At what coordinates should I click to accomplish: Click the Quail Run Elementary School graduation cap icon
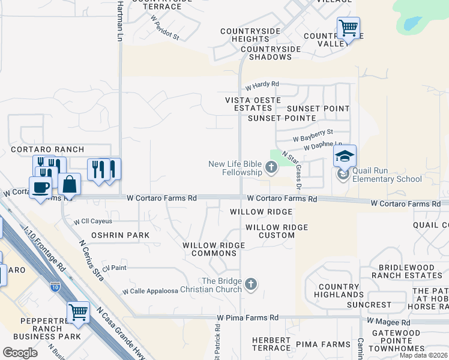coord(345,157)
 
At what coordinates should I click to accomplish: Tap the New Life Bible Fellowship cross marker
coord(271,167)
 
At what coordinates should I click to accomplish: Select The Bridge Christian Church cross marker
coord(252,283)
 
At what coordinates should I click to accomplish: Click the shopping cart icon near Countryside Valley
coord(348,28)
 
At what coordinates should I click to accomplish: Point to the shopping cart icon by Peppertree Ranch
coord(78,312)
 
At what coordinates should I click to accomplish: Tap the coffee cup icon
coord(41,187)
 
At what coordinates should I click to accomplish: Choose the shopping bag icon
coord(70,184)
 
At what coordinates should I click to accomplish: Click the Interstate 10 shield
coord(55,286)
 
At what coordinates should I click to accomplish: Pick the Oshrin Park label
coord(120,235)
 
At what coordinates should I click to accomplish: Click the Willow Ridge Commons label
coord(214,249)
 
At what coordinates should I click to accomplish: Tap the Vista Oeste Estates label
coord(249,104)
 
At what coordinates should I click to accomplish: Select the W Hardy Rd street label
coord(262,85)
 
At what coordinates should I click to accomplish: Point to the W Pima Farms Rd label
coord(248,317)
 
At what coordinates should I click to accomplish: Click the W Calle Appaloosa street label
coord(151,291)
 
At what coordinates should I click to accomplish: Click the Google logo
coord(20,353)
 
